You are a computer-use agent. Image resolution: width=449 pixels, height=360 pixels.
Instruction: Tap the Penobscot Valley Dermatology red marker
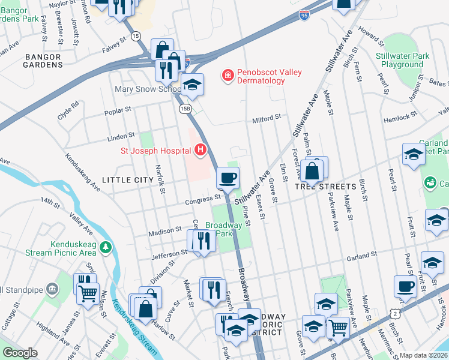pyautogui.click(x=228, y=75)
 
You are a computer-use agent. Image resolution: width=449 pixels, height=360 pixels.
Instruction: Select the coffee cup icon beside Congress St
pyautogui.click(x=228, y=177)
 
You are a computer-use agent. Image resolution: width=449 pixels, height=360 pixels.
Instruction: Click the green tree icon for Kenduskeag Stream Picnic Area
pyautogui.click(x=106, y=247)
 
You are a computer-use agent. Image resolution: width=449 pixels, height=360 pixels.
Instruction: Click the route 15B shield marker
pyautogui.click(x=185, y=108)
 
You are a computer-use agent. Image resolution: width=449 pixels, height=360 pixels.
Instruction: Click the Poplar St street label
pyautogui.click(x=118, y=110)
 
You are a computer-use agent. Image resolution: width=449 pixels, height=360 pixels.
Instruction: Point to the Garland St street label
pyautogui.click(x=363, y=254)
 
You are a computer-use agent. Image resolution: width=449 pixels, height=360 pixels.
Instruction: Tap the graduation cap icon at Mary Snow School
pyautogui.click(x=192, y=85)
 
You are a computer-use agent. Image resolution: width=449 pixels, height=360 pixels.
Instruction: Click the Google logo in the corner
pyautogui.click(x=20, y=353)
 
